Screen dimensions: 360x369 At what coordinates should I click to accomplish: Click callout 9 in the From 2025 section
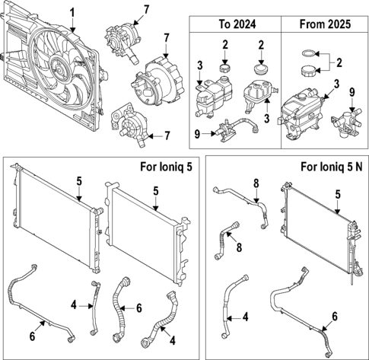click(351, 92)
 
